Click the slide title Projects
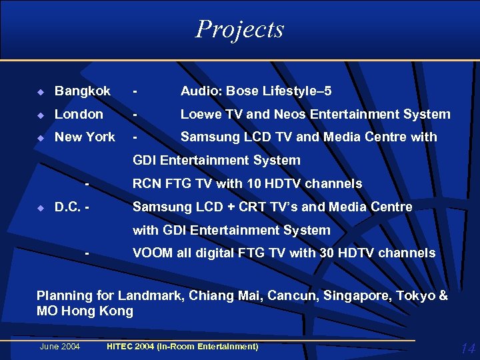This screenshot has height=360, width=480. (240, 29)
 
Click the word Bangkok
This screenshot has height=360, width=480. (83, 91)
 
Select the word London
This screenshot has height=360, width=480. (79, 114)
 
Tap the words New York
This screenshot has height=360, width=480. (85, 137)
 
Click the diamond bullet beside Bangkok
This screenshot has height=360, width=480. (41, 91)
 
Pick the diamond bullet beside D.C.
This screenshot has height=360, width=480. (41, 207)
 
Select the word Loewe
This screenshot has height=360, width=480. (201, 114)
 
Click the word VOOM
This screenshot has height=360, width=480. (151, 253)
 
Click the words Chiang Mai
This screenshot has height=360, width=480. (226, 295)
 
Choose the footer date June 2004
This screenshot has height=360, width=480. (60, 346)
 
